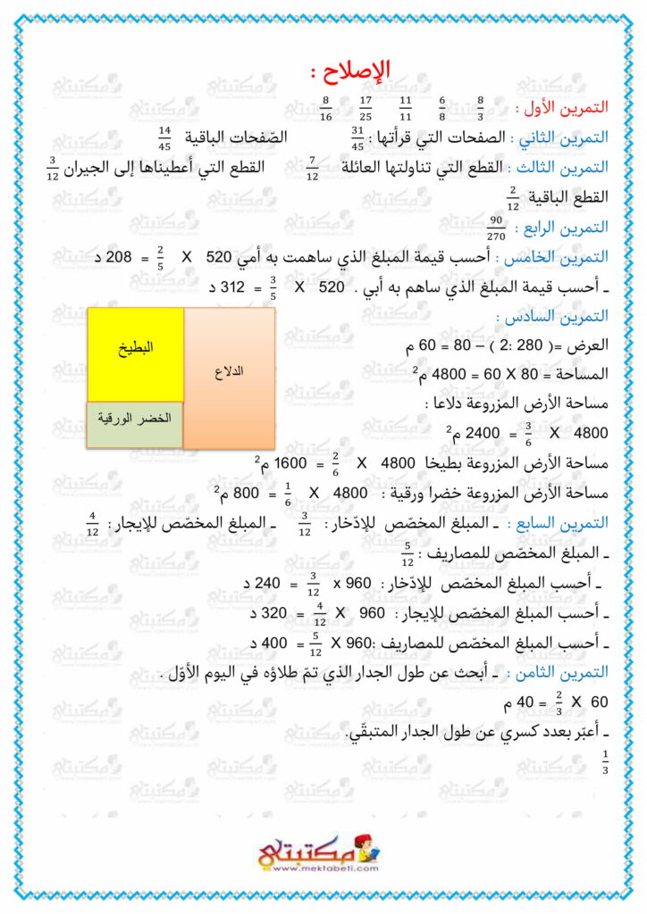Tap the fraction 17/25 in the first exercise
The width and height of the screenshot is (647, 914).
pos(366,108)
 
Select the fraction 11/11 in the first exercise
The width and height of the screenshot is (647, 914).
pos(405,108)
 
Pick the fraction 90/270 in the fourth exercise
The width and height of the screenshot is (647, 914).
pos(498,229)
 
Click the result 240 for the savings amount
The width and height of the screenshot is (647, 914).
pos(275,583)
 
